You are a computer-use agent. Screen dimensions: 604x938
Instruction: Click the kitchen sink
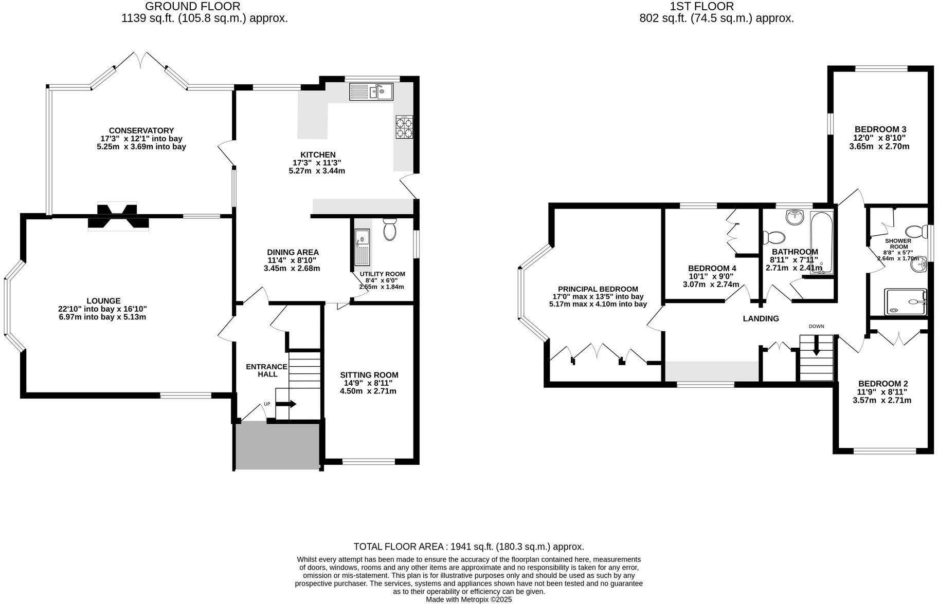point(371,92)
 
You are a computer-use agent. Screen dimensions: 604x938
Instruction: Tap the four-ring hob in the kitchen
point(404,127)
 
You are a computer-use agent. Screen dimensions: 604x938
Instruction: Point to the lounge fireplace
point(118,216)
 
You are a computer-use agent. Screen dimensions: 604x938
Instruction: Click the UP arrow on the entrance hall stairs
point(286,404)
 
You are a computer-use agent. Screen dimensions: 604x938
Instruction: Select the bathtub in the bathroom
point(821,242)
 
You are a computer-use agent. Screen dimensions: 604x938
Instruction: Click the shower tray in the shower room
point(905,301)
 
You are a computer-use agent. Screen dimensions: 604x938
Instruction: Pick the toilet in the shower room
point(915,231)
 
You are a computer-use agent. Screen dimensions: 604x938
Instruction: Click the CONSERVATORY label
point(141,130)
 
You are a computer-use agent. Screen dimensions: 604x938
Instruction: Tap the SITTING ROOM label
point(369,375)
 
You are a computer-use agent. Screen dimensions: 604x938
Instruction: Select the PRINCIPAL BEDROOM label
point(598,289)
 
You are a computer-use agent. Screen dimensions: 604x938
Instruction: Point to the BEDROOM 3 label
point(880,129)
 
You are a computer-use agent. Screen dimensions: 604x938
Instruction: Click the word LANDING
point(761,318)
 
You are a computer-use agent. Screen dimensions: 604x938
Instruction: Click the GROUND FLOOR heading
point(192,7)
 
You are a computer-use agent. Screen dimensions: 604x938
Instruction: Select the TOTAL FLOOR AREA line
point(468,546)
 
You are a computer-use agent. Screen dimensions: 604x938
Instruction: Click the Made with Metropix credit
point(468,599)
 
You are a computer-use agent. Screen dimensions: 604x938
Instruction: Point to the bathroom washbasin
point(795,217)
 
